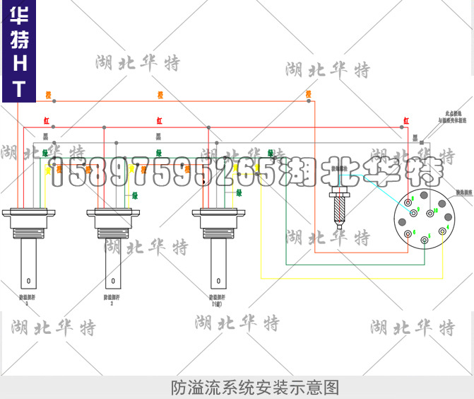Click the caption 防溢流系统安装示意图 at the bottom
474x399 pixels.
[x=255, y=388]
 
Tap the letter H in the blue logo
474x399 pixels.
[x=19, y=64]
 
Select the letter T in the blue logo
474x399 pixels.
[x=19, y=88]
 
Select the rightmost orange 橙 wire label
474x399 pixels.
[x=308, y=93]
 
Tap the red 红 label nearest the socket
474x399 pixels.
[x=405, y=121]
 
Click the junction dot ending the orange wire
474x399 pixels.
[x=309, y=101]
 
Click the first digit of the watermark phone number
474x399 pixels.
[x=57, y=171]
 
